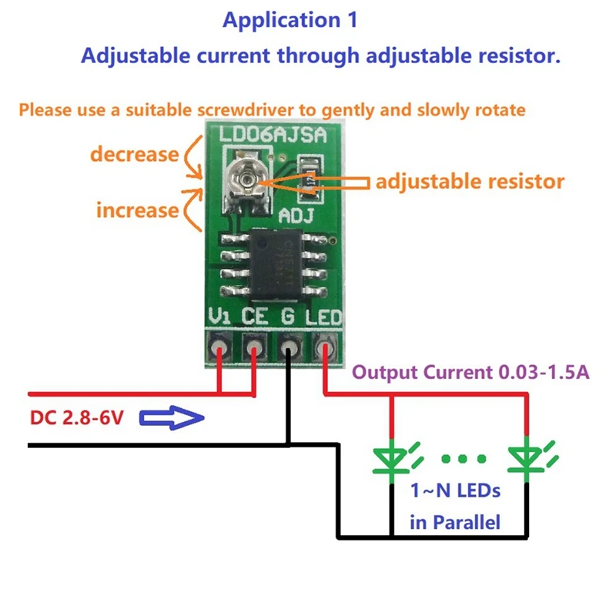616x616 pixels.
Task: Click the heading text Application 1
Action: point(290,20)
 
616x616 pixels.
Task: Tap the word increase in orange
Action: point(137,209)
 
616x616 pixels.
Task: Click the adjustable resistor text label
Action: point(470,182)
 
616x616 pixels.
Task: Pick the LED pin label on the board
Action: point(324,316)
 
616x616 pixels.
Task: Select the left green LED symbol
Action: point(392,457)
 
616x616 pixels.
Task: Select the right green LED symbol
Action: point(527,457)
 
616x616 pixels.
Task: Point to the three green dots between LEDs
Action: point(460,460)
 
